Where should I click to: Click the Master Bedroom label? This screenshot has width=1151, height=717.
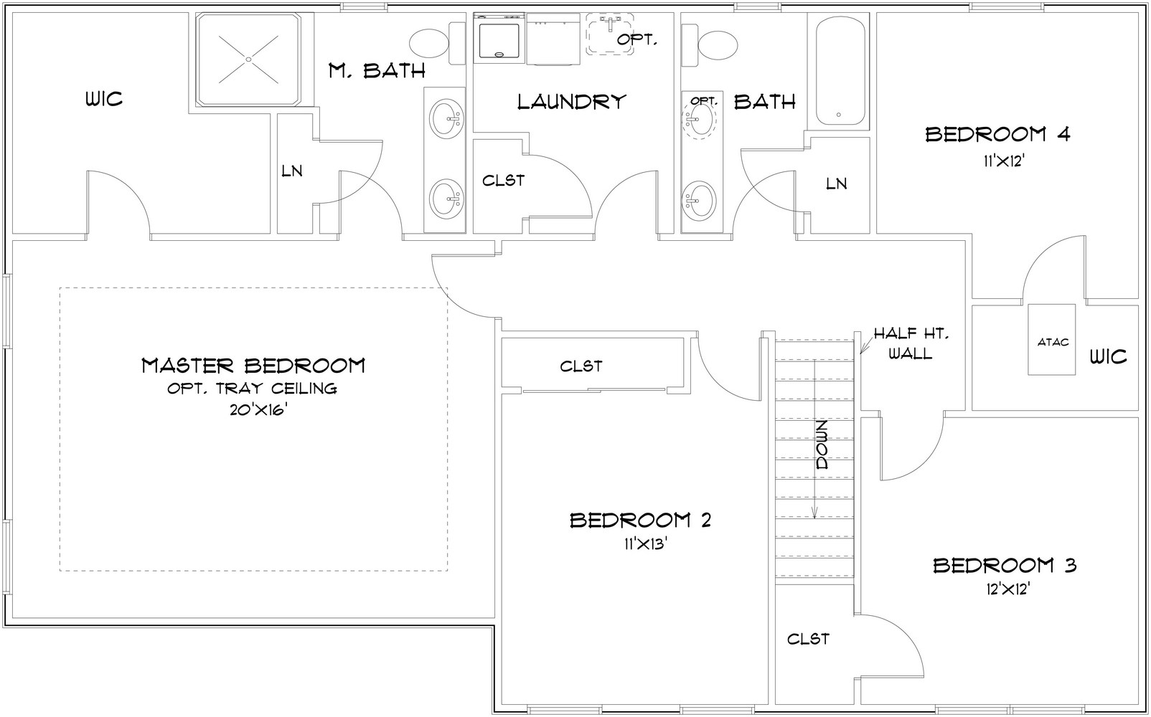tap(253, 366)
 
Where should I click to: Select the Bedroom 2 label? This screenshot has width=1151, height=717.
tap(640, 521)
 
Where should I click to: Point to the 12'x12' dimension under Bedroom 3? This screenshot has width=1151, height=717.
tap(1007, 589)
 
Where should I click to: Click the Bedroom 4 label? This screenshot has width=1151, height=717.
tap(997, 135)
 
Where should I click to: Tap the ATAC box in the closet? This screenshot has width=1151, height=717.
tap(1051, 339)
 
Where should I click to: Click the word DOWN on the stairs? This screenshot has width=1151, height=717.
tap(822, 445)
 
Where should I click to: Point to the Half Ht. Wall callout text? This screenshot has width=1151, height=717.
tap(911, 343)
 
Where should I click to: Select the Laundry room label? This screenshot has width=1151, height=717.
tap(571, 102)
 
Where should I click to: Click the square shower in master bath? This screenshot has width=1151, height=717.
tap(248, 60)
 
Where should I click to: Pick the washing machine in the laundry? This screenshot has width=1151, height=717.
tap(499, 39)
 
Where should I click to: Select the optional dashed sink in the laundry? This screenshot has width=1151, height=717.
tap(609, 34)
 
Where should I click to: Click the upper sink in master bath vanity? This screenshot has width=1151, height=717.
tap(446, 119)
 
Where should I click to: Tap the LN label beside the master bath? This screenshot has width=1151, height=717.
tap(292, 171)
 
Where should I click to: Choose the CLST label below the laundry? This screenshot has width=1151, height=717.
tap(503, 181)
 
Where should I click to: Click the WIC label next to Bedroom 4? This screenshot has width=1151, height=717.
tap(1109, 356)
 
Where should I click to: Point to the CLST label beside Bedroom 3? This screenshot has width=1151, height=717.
tap(808, 639)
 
